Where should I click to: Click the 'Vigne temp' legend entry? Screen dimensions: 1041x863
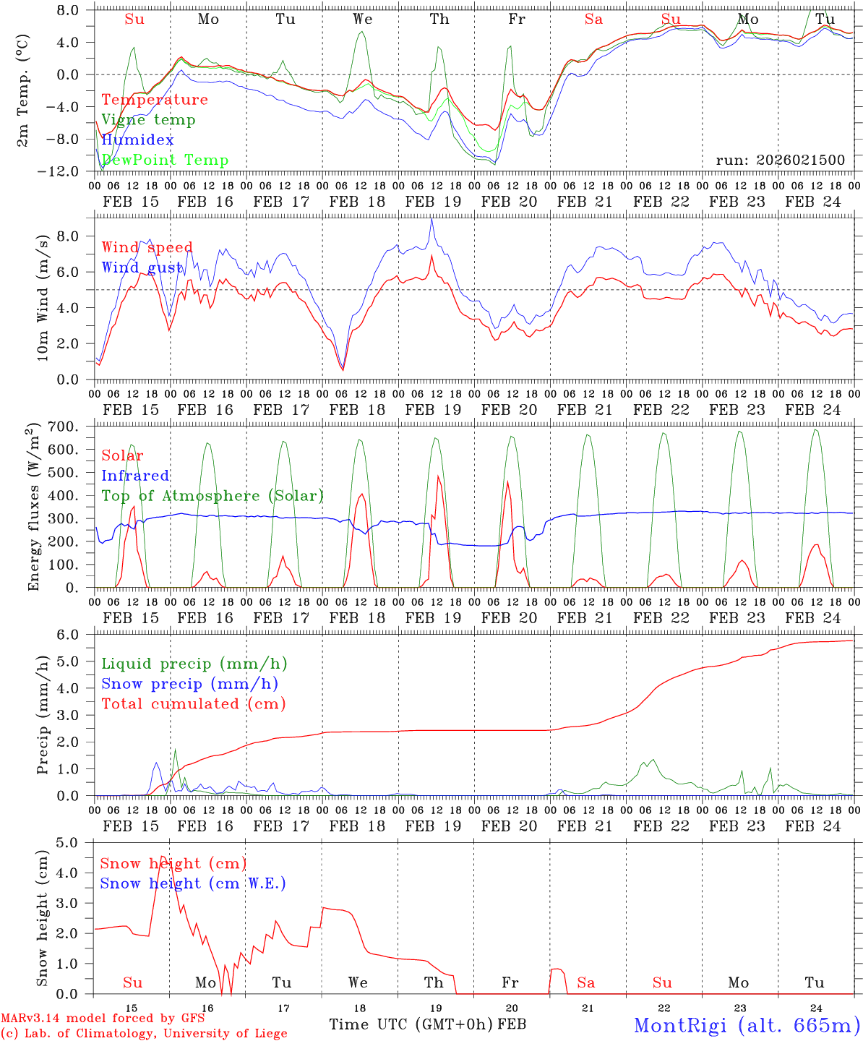pyautogui.click(x=148, y=120)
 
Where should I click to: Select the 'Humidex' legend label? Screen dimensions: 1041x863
pyautogui.click(x=137, y=140)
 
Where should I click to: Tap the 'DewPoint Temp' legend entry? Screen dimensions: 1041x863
pyautogui.click(x=165, y=160)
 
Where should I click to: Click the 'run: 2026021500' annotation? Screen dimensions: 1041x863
pyautogui.click(x=780, y=160)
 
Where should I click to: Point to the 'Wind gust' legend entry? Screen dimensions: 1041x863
pyautogui.click(x=142, y=267)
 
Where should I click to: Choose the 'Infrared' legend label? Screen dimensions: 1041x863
pyautogui.click(x=135, y=476)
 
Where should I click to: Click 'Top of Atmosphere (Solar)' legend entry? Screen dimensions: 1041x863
pyautogui.click(x=212, y=496)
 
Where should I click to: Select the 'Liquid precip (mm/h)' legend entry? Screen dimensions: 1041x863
pyautogui.click(x=194, y=664)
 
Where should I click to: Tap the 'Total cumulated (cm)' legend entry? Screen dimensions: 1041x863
pyautogui.click(x=193, y=704)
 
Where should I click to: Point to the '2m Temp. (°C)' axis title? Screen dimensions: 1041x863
pyautogui.click(x=23, y=90)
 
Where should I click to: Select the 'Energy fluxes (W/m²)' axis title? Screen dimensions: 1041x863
pyautogui.click(x=33, y=508)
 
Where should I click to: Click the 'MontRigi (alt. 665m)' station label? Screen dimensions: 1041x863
pyautogui.click(x=747, y=1025)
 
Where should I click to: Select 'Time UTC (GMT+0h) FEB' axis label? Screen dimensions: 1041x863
pyautogui.click(x=427, y=1025)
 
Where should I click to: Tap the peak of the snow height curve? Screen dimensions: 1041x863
pyautogui.click(x=162, y=857)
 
